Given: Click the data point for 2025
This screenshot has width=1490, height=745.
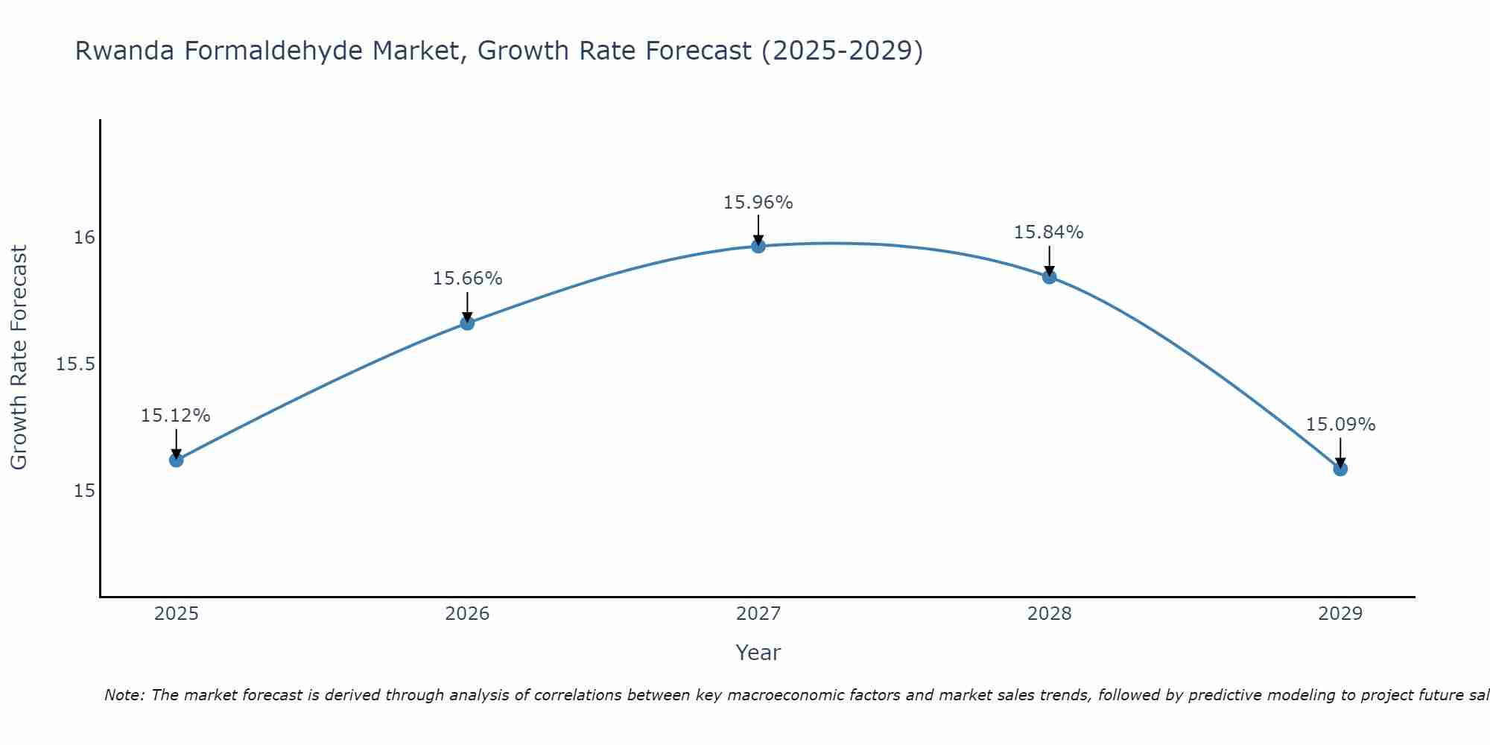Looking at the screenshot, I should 176,460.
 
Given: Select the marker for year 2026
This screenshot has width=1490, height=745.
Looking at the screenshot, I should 467,323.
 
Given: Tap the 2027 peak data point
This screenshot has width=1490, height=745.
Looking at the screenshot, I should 758,246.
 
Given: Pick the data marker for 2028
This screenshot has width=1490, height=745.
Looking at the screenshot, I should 1049,277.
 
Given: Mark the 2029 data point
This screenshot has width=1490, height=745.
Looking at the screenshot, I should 1340,469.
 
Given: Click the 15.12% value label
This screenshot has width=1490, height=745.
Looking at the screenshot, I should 176,416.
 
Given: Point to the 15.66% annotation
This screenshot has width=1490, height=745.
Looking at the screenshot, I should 467,279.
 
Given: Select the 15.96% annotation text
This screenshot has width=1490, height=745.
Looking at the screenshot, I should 758,203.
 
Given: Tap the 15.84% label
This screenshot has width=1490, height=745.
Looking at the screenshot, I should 1048,232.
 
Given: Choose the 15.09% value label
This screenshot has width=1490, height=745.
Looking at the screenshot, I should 1340,425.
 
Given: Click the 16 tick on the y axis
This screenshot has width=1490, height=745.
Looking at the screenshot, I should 84,238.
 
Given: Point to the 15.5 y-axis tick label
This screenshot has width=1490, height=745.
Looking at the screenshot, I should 75,364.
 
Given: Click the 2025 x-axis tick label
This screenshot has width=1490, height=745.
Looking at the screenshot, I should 176,614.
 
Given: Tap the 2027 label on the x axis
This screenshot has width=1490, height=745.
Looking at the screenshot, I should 758,614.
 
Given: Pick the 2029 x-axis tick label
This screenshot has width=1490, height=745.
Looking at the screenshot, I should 1340,614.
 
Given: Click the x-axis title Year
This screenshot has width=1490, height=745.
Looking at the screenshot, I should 758,653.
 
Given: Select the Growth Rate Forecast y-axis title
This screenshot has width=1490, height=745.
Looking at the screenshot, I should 19,358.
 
